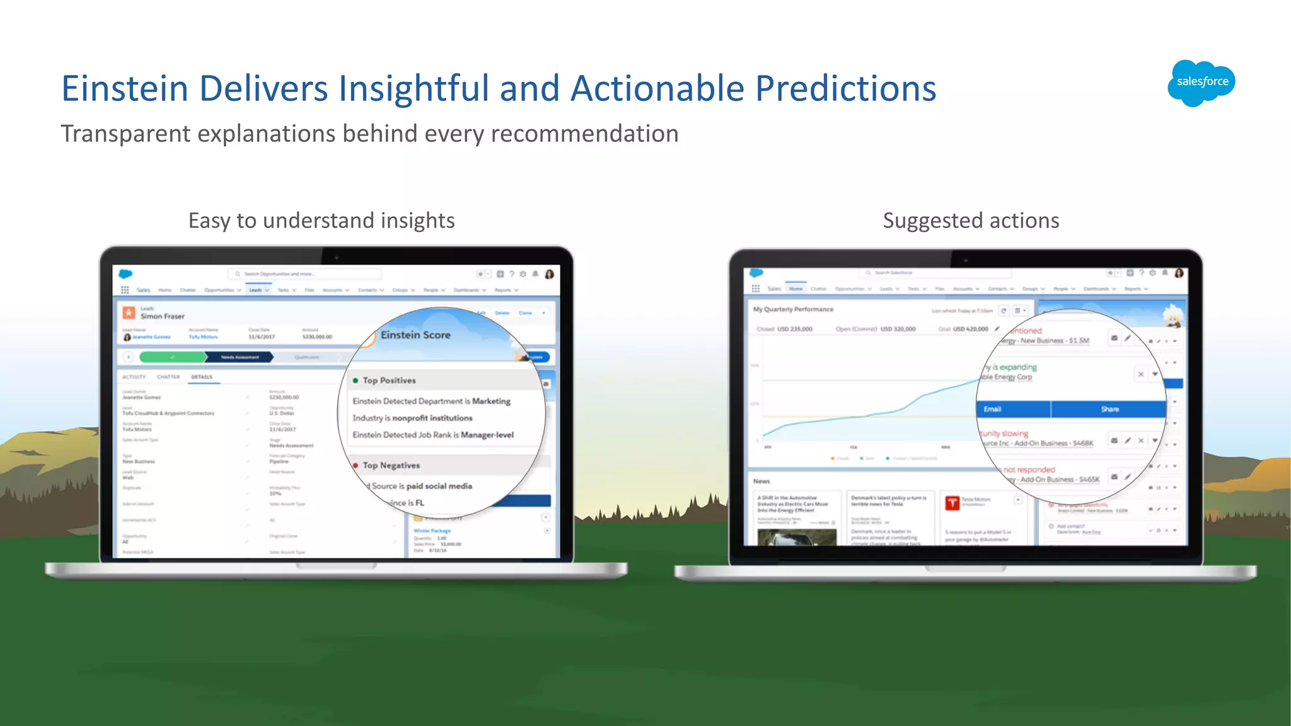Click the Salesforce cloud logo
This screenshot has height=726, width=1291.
(1201, 83)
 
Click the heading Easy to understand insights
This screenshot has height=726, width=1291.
(321, 221)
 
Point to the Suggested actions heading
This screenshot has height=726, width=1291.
(971, 221)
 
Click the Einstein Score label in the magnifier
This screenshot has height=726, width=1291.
(415, 335)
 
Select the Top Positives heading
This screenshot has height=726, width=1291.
(389, 381)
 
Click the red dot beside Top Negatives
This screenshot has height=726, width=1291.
(356, 466)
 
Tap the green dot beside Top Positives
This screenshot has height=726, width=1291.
(356, 381)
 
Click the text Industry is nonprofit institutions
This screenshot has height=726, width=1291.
(412, 418)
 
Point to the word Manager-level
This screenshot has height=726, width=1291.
(487, 435)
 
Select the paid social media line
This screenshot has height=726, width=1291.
(421, 486)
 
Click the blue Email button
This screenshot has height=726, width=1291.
(1012, 410)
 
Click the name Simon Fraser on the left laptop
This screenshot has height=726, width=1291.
(163, 316)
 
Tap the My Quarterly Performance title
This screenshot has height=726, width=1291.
(793, 309)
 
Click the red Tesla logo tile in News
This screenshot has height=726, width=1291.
(952, 503)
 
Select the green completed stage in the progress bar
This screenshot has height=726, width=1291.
(172, 357)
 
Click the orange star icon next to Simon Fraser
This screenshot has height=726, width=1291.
(129, 313)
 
